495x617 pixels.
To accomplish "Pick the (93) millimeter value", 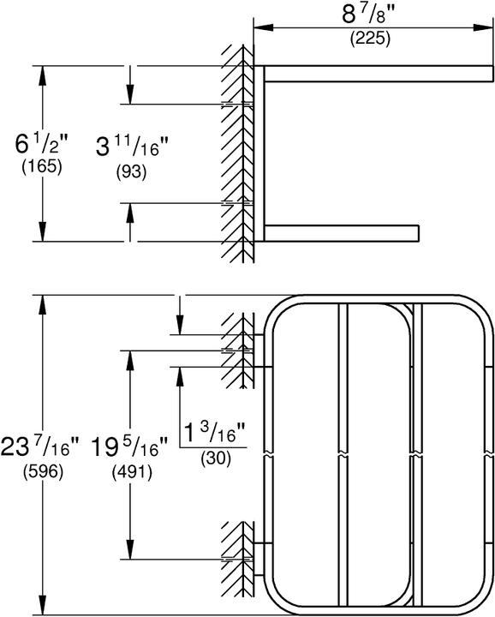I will coord(131,171).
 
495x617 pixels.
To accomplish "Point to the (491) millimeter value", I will coord(130,471).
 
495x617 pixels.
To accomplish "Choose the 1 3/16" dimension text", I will coord(215,432).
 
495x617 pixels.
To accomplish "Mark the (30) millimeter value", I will coord(215,458).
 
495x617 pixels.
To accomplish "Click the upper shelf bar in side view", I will coord(377,75).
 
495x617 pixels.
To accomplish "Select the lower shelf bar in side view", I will coord(343,231).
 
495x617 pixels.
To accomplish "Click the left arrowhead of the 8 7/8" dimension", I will coord(258,29).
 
